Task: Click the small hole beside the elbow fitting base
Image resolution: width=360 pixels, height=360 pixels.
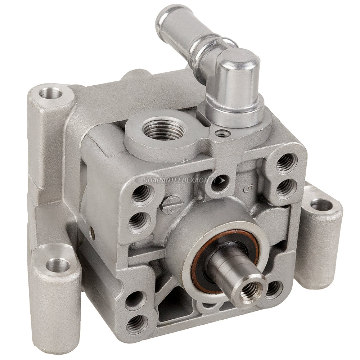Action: [x=222, y=134]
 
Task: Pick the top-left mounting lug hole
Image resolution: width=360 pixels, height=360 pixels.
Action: [x=51, y=93]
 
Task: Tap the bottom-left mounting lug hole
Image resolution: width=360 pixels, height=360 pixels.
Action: [x=58, y=265]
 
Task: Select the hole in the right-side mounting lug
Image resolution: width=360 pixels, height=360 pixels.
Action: [x=321, y=205]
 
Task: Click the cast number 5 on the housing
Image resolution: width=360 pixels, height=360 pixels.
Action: [x=247, y=188]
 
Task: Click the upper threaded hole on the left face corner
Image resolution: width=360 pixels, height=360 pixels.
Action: [x=141, y=195]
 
